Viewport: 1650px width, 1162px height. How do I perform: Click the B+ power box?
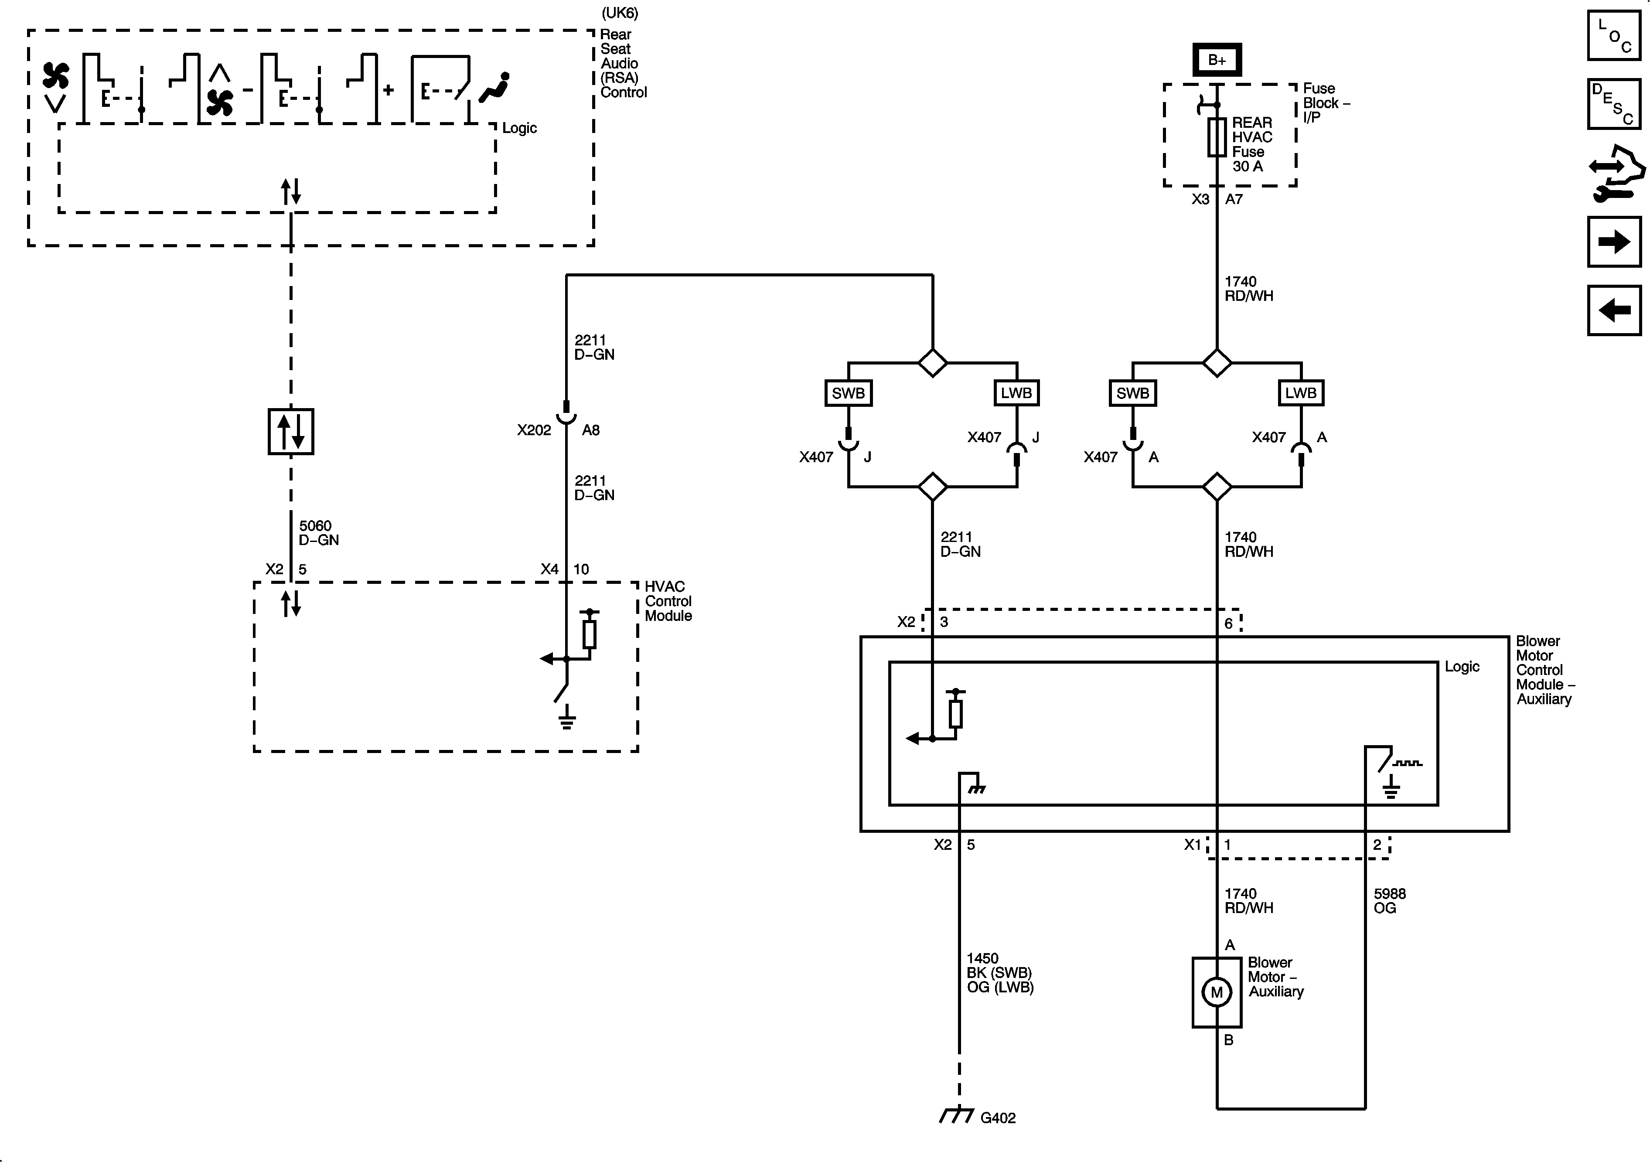click(1217, 60)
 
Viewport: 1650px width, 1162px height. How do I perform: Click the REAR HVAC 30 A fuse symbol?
click(1217, 137)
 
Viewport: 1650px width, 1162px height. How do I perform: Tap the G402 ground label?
click(998, 1118)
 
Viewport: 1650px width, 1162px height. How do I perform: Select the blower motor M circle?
click(1217, 992)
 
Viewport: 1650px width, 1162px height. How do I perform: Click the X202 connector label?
click(533, 430)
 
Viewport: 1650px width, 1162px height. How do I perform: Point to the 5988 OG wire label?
click(1389, 900)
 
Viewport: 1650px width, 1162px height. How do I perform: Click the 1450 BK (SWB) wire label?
click(999, 972)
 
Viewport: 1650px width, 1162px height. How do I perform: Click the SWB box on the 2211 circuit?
click(848, 393)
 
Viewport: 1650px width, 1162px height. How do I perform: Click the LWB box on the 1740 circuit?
click(1301, 393)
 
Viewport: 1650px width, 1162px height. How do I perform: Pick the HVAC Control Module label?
click(668, 601)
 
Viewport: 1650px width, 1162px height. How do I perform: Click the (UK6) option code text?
click(620, 13)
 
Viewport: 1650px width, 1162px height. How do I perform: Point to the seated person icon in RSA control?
click(495, 87)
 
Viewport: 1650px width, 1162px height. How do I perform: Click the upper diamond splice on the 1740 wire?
click(1217, 363)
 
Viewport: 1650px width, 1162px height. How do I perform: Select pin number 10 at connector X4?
click(581, 569)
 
